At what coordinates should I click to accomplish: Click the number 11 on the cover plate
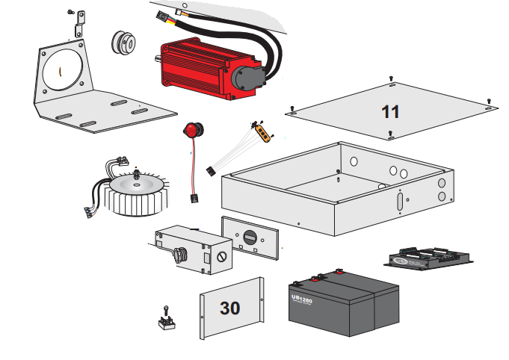pyautogui.click(x=390, y=112)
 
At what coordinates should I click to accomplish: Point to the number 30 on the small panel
pyautogui.click(x=230, y=308)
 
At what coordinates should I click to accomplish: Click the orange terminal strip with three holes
pyautogui.click(x=264, y=131)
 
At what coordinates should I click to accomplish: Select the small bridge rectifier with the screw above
pyautogui.click(x=166, y=320)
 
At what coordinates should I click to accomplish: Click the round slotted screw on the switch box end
pyautogui.click(x=221, y=256)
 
